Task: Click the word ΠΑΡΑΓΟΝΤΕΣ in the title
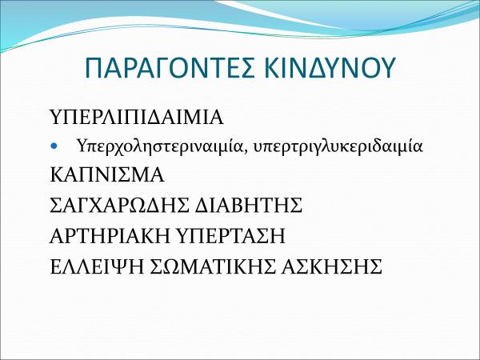tap(170, 68)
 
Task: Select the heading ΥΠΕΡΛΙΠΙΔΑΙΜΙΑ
tap(137, 117)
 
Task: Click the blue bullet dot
tap(54, 146)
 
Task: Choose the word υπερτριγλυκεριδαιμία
tap(338, 147)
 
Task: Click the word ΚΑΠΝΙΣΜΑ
tap(107, 175)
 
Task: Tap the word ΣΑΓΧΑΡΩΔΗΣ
tap(120, 205)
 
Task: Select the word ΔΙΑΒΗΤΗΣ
tap(249, 205)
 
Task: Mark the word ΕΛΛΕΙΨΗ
tap(97, 266)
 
